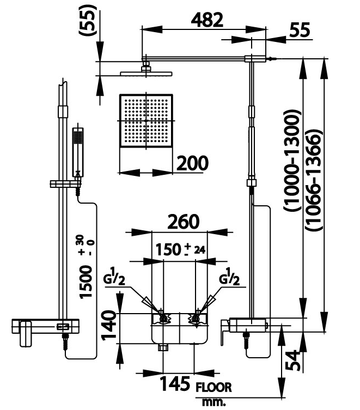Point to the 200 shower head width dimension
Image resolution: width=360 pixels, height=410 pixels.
click(x=193, y=163)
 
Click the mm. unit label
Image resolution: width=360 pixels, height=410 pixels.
click(x=213, y=403)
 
